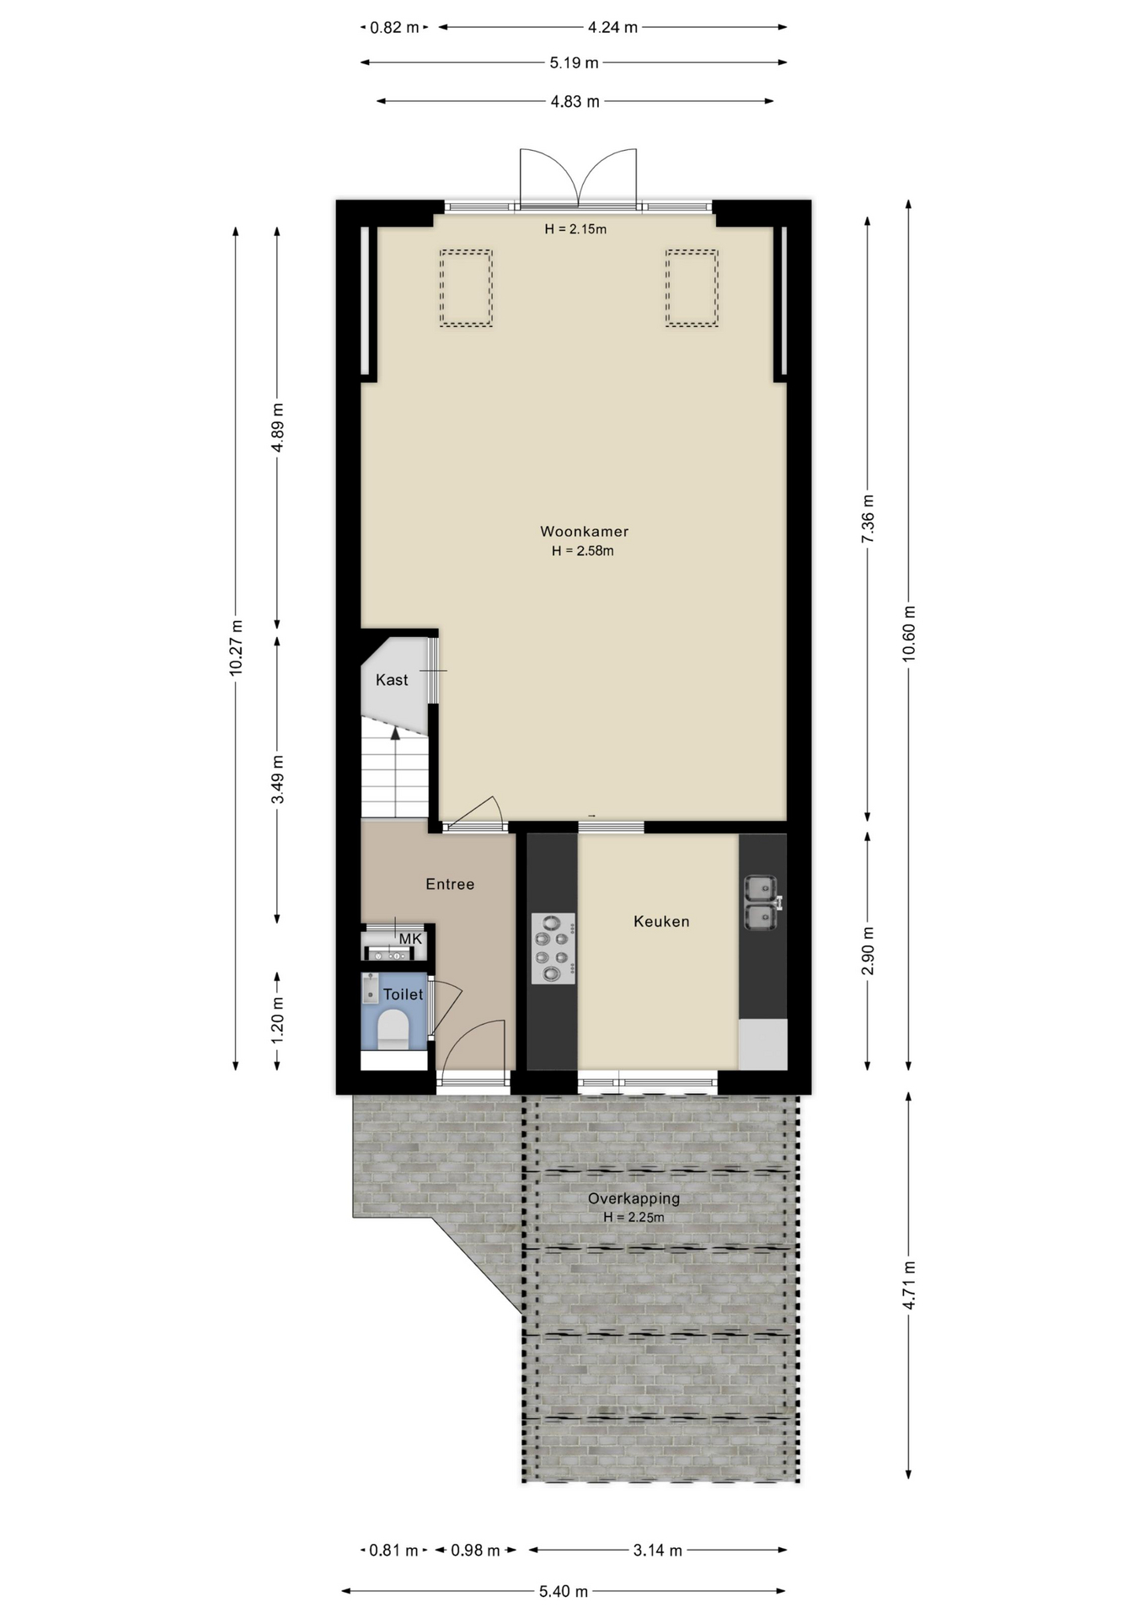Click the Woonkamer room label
point(584,532)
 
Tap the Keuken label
point(661,922)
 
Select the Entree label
point(450,884)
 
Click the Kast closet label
point(392,680)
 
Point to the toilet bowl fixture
point(393,1030)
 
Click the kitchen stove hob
point(553,948)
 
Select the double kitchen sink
point(762,903)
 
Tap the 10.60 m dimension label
point(908,634)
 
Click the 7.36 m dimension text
point(868,518)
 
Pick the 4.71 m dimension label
point(908,1285)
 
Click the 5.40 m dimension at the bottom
point(564,1591)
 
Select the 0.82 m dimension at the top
point(394,27)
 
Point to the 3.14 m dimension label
point(657,1550)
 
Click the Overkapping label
point(633,1198)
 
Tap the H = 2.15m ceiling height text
point(575,228)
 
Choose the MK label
point(410,939)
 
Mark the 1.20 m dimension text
point(277,1020)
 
